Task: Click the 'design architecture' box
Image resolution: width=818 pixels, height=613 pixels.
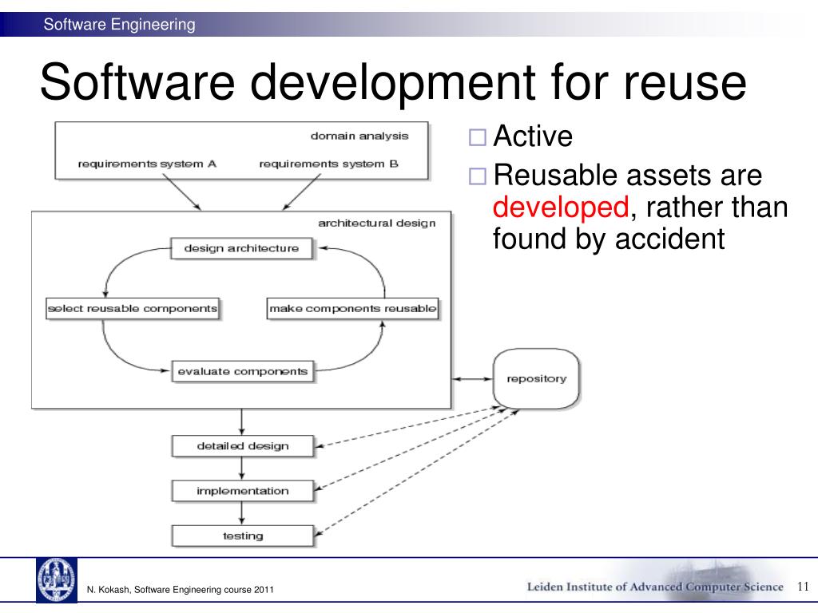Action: pos(241,248)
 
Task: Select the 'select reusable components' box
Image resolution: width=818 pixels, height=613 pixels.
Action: pos(133,309)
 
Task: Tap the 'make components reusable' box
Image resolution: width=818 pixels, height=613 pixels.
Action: pos(352,309)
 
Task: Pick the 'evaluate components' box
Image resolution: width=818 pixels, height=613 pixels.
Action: pos(242,371)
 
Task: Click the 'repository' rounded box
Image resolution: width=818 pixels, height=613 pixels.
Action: pos(537,378)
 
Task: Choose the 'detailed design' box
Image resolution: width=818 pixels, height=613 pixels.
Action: pos(242,445)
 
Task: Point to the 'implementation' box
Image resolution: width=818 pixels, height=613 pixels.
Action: pos(242,491)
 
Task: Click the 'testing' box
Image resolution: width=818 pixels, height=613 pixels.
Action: pos(242,536)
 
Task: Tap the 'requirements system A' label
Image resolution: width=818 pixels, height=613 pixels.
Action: pos(147,164)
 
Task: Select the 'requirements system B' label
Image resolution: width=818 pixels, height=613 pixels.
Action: pos(328,164)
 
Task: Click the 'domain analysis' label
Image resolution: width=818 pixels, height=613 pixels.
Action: pos(359,136)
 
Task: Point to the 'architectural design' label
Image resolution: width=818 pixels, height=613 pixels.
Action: pos(377,223)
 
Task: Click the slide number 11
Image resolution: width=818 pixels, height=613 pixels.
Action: pos(804,587)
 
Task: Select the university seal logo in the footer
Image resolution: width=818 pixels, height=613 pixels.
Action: pos(56,579)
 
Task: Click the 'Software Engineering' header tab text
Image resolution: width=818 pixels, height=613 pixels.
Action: pos(119,25)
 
